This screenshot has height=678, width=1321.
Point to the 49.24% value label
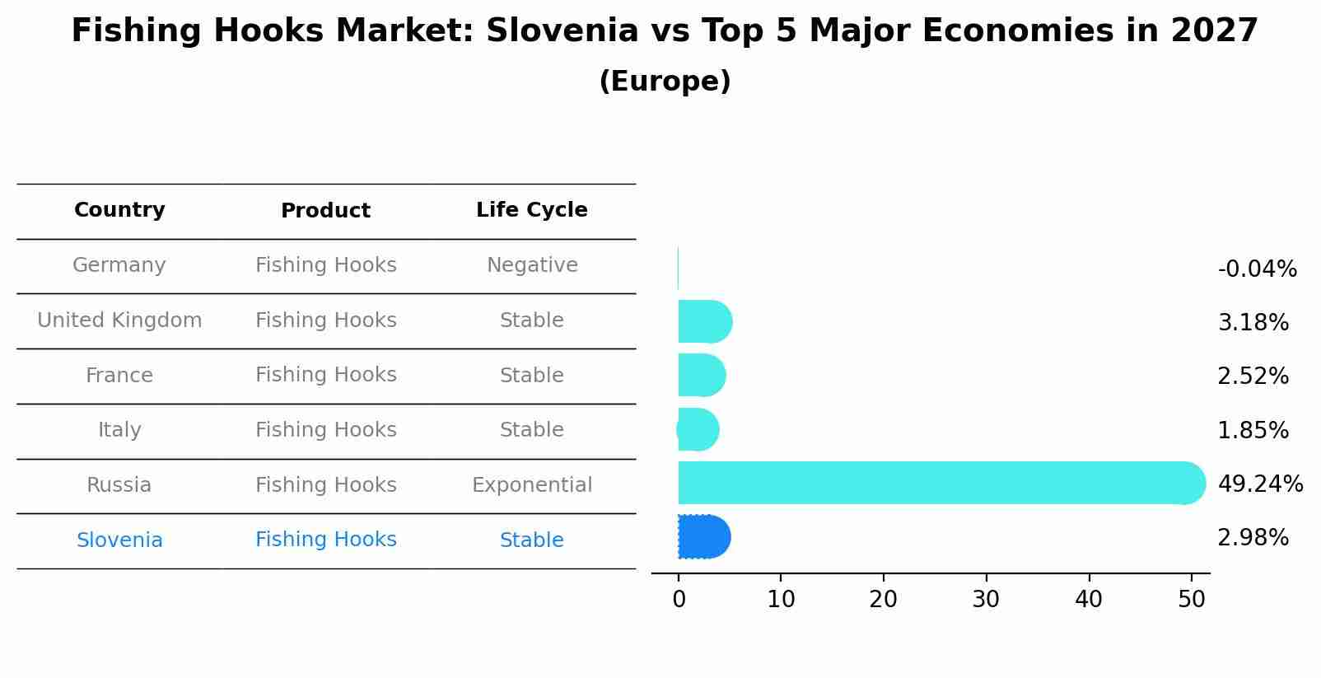[1260, 484]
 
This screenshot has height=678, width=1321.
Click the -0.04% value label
[1257, 269]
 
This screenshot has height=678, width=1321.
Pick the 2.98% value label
[1253, 538]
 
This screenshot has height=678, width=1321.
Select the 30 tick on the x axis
[986, 600]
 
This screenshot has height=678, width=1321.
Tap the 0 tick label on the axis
[679, 600]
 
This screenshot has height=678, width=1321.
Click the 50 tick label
[1192, 600]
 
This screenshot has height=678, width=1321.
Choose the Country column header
[119, 210]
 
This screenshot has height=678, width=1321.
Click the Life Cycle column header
[532, 210]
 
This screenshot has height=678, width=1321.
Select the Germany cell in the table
[119, 265]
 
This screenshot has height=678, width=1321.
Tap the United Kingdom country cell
[119, 320]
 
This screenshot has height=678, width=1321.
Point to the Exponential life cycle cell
[532, 485]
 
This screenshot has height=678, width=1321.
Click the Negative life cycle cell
[532, 265]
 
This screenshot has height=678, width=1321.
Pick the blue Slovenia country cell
[119, 540]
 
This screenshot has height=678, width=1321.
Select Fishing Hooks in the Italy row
[326, 430]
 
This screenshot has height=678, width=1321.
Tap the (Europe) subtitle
[665, 82]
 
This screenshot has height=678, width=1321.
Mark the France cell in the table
[119, 376]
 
